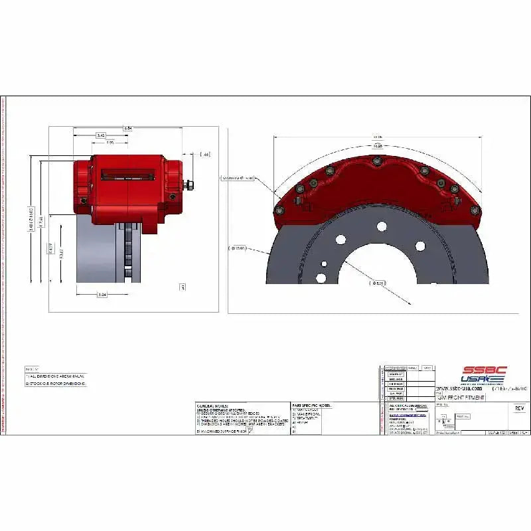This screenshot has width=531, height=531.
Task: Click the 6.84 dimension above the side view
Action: (x=127, y=128)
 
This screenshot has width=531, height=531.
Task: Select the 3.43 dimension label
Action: (x=101, y=135)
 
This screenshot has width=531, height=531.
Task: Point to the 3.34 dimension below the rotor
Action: (x=102, y=295)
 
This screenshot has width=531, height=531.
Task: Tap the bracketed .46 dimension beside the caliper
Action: (x=205, y=154)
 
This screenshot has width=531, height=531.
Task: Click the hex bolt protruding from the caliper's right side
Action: (x=189, y=185)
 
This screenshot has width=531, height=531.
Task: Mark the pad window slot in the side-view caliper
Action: (x=127, y=176)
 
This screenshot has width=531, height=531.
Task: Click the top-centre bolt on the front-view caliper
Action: (x=377, y=161)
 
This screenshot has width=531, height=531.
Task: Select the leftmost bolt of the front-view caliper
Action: (x=278, y=212)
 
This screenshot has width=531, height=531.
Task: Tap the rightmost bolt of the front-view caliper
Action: (x=475, y=210)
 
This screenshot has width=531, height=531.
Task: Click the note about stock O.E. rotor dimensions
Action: (x=57, y=384)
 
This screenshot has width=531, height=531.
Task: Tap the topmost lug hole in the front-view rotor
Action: (x=382, y=226)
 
